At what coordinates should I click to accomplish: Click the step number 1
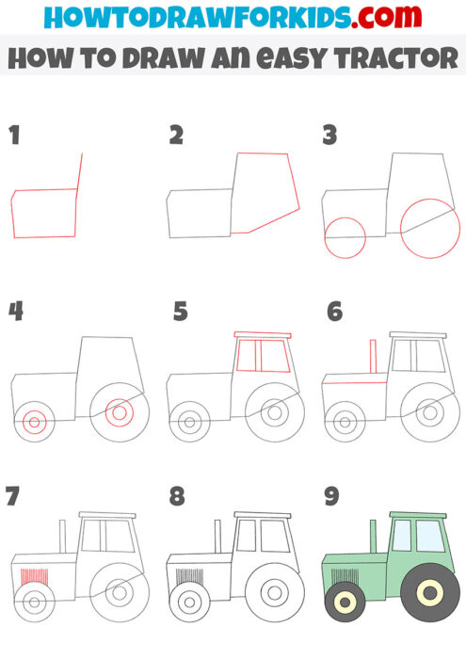pyautogui.click(x=14, y=136)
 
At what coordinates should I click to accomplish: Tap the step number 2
pyautogui.click(x=176, y=136)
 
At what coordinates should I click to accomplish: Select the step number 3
pyautogui.click(x=329, y=136)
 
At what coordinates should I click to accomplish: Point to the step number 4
pyautogui.click(x=15, y=311)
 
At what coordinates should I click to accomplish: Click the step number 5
pyautogui.click(x=181, y=311)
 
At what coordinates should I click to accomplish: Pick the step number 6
pyautogui.click(x=334, y=311)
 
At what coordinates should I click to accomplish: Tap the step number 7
pyautogui.click(x=12, y=494)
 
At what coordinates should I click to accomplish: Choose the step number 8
pyautogui.click(x=176, y=494)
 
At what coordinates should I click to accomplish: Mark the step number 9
pyautogui.click(x=331, y=494)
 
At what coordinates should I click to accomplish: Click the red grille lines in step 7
pyautogui.click(x=34, y=574)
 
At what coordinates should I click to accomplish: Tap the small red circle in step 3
pyautogui.click(x=345, y=237)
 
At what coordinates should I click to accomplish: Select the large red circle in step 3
pyautogui.click(x=430, y=229)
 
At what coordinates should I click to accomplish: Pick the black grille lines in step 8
pyautogui.click(x=189, y=574)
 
